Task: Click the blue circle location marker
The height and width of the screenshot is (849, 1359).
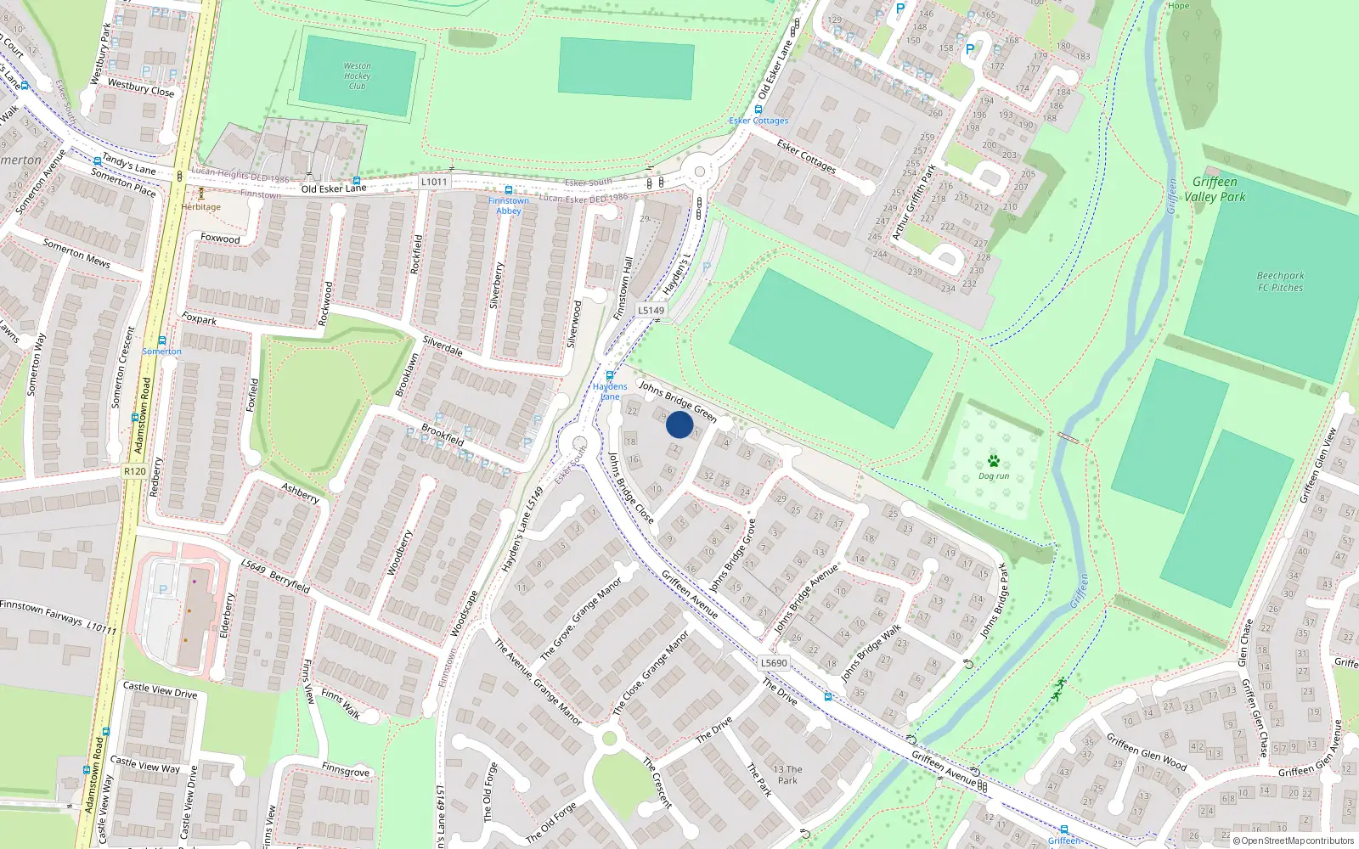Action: [x=679, y=424]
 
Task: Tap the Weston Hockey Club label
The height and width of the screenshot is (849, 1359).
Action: [x=357, y=76]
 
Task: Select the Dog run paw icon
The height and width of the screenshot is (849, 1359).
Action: [x=993, y=461]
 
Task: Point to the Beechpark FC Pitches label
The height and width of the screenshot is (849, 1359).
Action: [x=1280, y=282]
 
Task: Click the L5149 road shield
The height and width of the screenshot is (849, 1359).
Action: [x=651, y=311]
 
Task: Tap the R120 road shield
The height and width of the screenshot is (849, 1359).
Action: [x=134, y=471]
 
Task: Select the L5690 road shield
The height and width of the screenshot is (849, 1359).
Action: [x=774, y=663]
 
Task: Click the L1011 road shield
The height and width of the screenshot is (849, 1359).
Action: [x=433, y=182]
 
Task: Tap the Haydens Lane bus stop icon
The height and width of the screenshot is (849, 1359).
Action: [x=609, y=375]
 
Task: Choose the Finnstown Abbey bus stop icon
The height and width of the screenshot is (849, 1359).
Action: [x=509, y=190]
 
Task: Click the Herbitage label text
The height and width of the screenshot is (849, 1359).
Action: [x=201, y=207]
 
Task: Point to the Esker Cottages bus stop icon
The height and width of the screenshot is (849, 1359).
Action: [x=758, y=110]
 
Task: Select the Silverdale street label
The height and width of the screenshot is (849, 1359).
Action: [x=443, y=346]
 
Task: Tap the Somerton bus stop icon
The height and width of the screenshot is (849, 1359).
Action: [x=161, y=340]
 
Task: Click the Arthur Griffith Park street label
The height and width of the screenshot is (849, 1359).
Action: [x=913, y=201]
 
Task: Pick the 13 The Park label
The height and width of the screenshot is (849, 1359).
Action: [x=787, y=775]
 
